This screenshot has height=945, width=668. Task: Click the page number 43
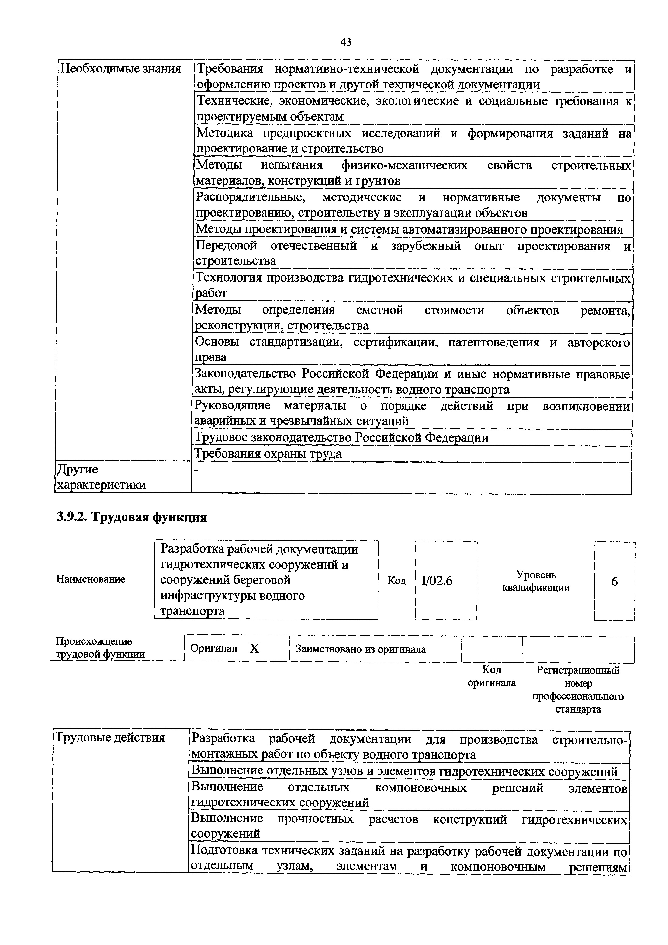coord(346,42)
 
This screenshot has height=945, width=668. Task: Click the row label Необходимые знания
coord(121,69)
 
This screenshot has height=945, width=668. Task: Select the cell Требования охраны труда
coord(268,454)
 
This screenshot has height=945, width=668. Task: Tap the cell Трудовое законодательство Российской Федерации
coord(341,437)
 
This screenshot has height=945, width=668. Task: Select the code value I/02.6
coord(437,581)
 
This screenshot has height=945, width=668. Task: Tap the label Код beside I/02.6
coord(396,581)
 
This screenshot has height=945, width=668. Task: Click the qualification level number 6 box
coord(614,582)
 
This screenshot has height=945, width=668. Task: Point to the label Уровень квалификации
coord(536,581)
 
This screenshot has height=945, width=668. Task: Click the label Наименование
coord(91,579)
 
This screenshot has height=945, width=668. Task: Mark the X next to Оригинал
coord(254,649)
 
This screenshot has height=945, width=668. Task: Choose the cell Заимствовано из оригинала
coord(361,649)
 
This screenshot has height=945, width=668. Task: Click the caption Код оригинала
coord(492,676)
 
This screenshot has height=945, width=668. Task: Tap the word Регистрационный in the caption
coord(578,670)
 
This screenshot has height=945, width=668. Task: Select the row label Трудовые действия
coord(110,737)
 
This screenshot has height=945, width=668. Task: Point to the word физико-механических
coord(404,165)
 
